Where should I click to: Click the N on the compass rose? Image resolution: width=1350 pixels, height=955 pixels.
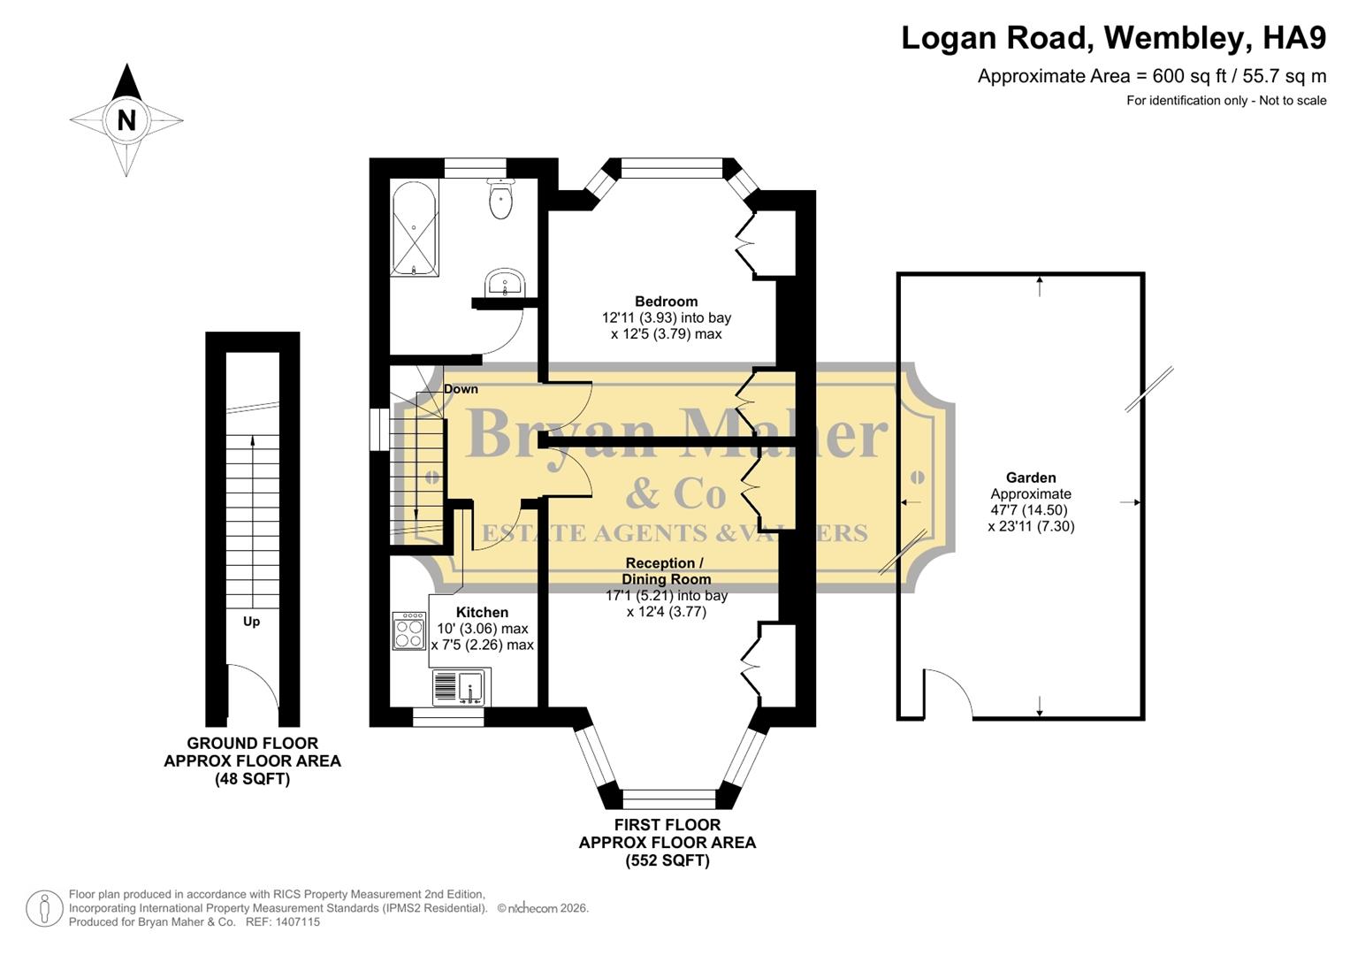[126, 119]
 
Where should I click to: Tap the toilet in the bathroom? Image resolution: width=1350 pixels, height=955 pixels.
[500, 199]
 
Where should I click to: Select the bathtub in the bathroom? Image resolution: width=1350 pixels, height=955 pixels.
[414, 228]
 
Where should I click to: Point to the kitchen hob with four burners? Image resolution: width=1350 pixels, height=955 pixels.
[409, 631]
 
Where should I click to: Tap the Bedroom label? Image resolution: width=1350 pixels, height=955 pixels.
[666, 302]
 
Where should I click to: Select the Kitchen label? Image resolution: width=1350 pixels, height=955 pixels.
[482, 612]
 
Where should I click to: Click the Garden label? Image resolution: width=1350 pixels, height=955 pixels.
[1031, 477]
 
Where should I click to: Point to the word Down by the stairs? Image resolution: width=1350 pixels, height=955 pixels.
[461, 389]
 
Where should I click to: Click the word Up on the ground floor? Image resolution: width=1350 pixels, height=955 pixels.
[252, 622]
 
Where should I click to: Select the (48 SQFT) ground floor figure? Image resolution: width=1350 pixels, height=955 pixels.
[252, 779]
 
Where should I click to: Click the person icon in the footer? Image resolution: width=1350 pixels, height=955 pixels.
[44, 909]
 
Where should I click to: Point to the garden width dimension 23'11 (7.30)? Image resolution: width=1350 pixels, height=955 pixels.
[1031, 526]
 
